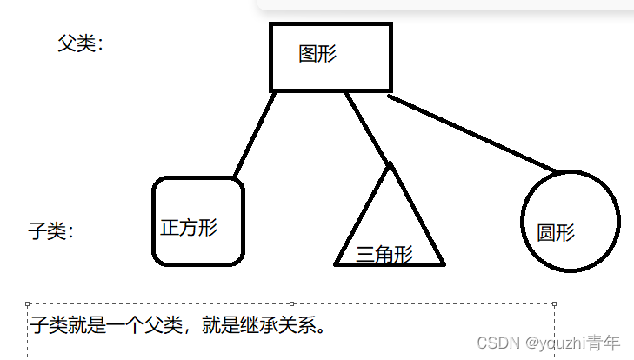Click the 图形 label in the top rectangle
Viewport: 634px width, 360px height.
click(x=317, y=54)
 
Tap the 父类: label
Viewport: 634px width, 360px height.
click(x=80, y=43)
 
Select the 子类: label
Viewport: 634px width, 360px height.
click(x=50, y=231)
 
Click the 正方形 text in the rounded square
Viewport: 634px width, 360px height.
click(x=189, y=228)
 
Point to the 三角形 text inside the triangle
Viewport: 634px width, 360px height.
click(x=384, y=254)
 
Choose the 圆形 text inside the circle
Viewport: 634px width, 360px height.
click(x=556, y=233)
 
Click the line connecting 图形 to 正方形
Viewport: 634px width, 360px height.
click(x=254, y=135)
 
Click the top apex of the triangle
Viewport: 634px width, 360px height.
click(x=390, y=164)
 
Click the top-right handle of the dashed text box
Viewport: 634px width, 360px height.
click(x=554, y=303)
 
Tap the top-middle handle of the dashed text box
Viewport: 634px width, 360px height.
click(x=291, y=303)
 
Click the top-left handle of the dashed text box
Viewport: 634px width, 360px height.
click(x=29, y=303)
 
